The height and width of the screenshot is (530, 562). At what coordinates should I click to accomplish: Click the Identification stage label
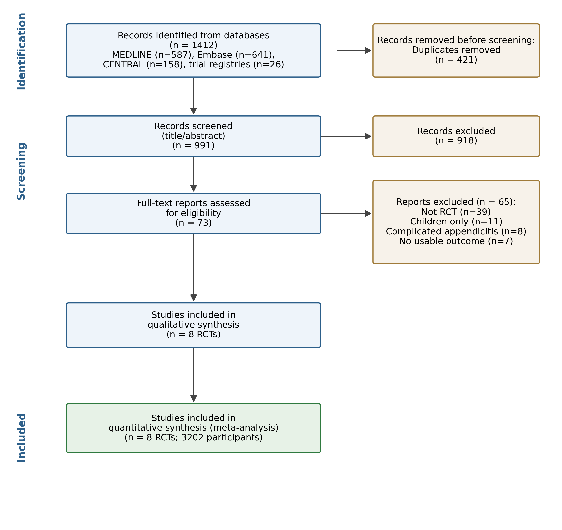[22, 52]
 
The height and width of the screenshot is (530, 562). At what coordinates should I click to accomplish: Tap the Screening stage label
[22, 171]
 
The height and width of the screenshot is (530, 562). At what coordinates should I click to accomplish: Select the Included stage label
[22, 438]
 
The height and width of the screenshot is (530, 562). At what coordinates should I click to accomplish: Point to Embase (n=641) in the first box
[236, 55]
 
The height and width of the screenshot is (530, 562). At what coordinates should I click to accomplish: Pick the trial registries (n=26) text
[236, 64]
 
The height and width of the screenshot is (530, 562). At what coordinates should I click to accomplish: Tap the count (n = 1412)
[193, 45]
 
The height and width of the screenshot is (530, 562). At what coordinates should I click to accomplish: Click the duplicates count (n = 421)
[456, 60]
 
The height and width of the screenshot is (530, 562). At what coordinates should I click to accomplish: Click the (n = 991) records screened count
[193, 146]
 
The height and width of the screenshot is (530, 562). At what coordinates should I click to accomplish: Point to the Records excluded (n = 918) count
[456, 140]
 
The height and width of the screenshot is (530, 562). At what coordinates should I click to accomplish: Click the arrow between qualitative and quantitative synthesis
[193, 375]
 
